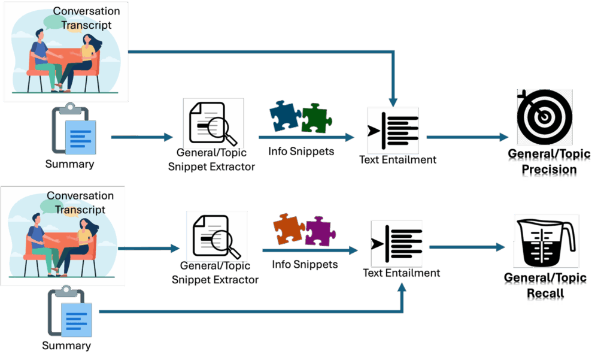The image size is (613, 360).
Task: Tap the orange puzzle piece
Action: point(290,228)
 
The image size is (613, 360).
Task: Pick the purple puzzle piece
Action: point(319,231)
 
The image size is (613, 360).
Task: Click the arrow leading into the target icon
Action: point(467,137)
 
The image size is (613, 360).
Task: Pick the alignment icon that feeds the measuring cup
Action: point(397,243)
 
